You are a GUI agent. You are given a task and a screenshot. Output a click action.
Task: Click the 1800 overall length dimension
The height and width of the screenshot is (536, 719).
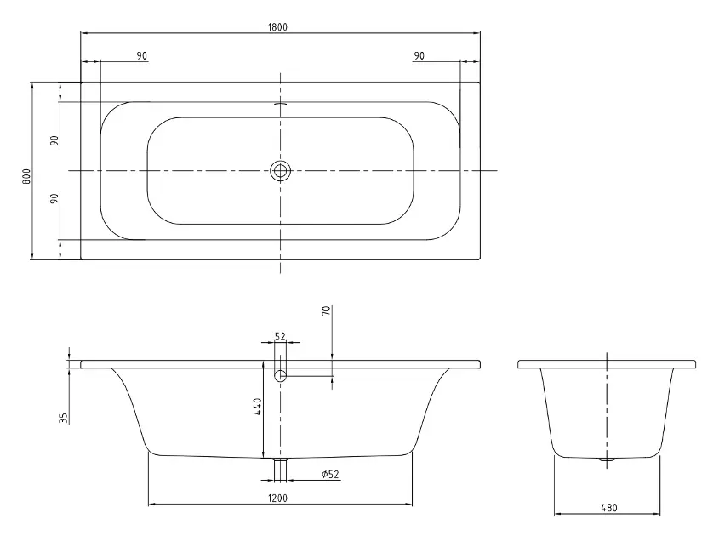point(278,27)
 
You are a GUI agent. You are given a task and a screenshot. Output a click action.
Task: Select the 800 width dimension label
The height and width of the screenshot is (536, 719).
point(26,176)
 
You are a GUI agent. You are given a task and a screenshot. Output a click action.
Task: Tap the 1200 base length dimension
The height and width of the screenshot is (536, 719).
point(278,498)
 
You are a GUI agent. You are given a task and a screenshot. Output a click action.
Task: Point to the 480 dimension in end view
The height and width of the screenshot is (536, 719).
point(609,508)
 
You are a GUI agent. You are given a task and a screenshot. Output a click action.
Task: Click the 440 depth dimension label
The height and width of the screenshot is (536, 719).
point(258,406)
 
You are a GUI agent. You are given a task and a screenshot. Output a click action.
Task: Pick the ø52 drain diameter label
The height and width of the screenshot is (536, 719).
point(331,474)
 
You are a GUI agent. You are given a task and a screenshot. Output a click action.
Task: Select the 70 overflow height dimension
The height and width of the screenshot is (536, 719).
point(326,311)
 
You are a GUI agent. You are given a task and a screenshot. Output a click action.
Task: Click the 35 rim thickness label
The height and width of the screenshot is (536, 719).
point(63,418)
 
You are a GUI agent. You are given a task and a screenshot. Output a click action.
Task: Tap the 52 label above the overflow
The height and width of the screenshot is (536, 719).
point(280,337)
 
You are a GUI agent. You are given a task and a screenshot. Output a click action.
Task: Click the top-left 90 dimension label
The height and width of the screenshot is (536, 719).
point(142,55)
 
